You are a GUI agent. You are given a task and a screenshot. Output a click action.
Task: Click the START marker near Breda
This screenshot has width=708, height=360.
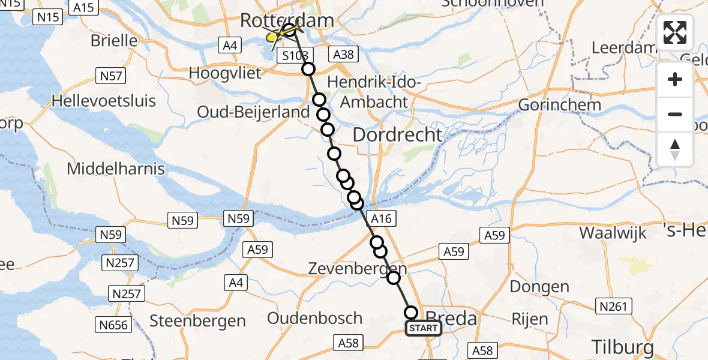(424, 328)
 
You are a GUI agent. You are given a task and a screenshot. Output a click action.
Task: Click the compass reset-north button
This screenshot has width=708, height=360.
(675, 149)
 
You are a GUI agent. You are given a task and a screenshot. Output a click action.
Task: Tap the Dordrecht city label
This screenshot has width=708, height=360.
(397, 134)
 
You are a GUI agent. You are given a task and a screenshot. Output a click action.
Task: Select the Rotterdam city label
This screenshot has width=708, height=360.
(287, 20)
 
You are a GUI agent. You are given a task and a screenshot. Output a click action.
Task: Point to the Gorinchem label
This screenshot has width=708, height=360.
(560, 104)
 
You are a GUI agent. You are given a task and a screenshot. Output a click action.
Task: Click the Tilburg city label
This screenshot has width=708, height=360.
(622, 347)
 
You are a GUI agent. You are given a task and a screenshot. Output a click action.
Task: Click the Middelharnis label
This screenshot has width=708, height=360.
(116, 169)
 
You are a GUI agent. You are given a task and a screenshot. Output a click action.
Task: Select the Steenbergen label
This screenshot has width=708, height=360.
(197, 320)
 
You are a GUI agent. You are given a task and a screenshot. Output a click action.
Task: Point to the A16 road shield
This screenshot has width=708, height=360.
(382, 219)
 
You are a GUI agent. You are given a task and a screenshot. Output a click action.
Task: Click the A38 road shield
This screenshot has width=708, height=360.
(344, 55)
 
